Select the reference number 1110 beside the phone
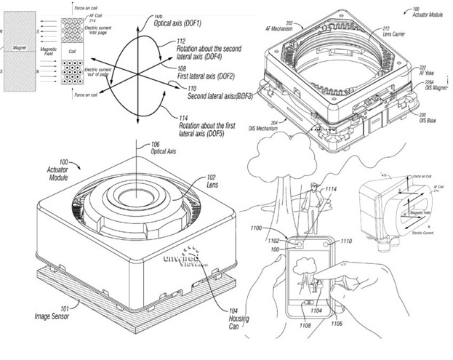click(346, 240)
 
